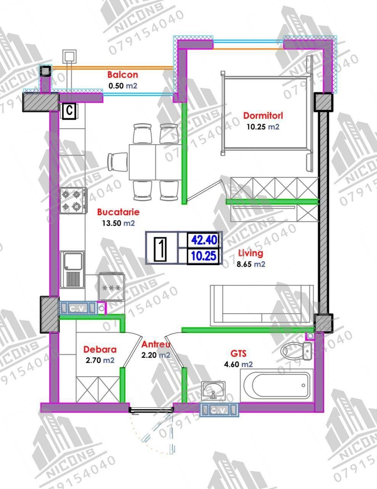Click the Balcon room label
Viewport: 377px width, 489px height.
[123, 75]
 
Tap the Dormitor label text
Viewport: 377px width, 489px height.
[263, 115]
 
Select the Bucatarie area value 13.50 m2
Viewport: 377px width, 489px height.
[118, 223]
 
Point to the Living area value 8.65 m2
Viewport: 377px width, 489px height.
[251, 264]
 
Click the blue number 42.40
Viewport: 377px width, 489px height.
[204, 240]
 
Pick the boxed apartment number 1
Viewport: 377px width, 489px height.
[160, 249]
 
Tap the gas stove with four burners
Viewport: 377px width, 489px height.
[74, 201]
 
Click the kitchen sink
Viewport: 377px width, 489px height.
[72, 270]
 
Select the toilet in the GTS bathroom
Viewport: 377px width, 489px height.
[297, 351]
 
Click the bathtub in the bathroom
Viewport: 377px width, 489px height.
[277, 385]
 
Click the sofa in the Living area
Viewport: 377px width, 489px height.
[262, 305]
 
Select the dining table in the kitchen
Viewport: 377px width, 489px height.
[155, 162]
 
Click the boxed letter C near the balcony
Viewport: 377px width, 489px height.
[70, 111]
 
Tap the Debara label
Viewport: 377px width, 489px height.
[100, 350]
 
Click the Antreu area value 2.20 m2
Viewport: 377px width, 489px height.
[156, 355]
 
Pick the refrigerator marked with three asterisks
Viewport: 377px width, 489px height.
[112, 287]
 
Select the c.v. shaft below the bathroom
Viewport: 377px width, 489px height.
[219, 410]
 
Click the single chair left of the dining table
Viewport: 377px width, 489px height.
[117, 162]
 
